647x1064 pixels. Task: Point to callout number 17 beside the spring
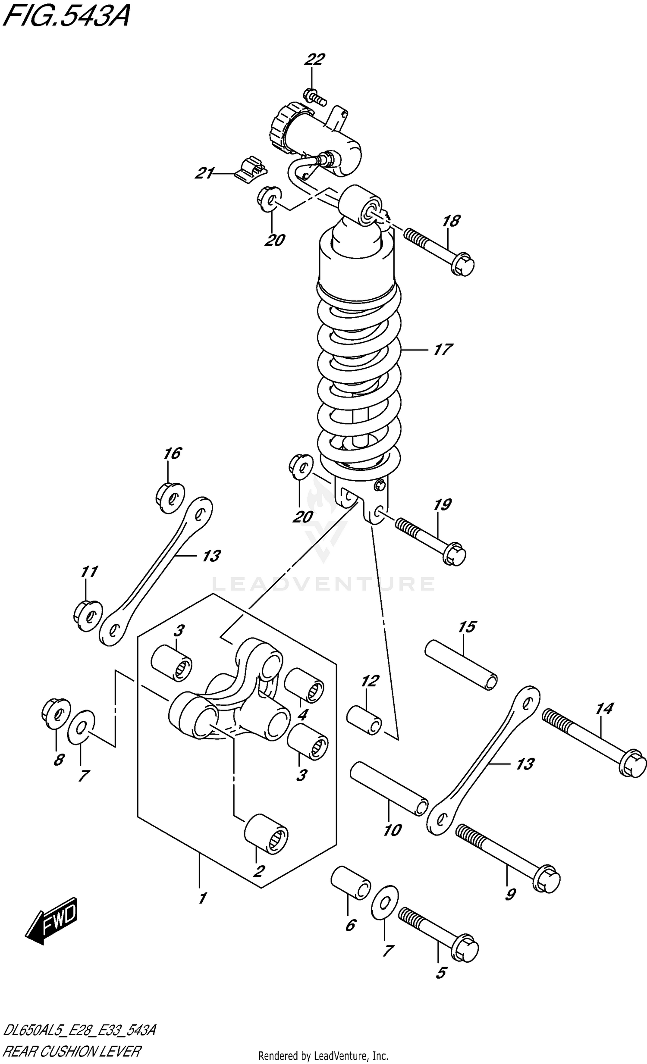(x=443, y=349)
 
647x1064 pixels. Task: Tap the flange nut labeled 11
(x=87, y=615)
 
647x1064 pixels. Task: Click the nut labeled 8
(x=56, y=713)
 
